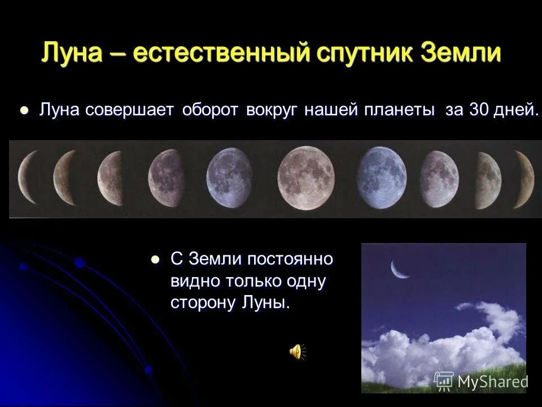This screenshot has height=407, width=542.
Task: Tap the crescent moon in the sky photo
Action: click(x=400, y=271)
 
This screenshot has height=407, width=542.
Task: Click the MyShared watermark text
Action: click(x=492, y=381)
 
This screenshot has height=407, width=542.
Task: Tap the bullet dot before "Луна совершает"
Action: click(x=24, y=111)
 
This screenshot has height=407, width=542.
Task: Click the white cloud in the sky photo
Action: click(x=452, y=345)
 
